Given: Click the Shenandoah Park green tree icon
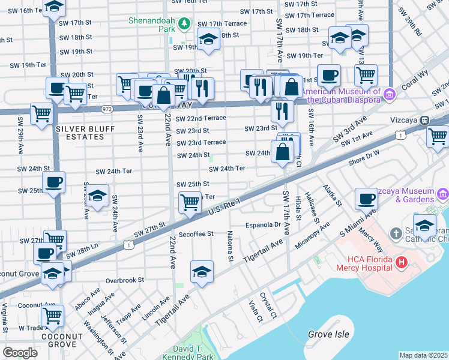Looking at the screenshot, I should [185, 23].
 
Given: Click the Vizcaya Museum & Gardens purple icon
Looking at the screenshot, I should [443, 194].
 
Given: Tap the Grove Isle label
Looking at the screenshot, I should [327, 334].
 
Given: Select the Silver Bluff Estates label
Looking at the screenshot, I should [83, 133].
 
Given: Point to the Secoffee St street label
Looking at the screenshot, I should [196, 233].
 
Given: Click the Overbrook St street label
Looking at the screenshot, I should [125, 280].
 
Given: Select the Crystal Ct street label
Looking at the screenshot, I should [268, 305].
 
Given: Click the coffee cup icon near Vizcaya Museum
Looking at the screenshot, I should [366, 197].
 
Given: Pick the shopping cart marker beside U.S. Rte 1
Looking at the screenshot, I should [190, 202].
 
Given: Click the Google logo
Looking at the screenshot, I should [20, 353].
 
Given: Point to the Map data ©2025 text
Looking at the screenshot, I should [423, 355].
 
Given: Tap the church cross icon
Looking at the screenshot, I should [396, 233].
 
